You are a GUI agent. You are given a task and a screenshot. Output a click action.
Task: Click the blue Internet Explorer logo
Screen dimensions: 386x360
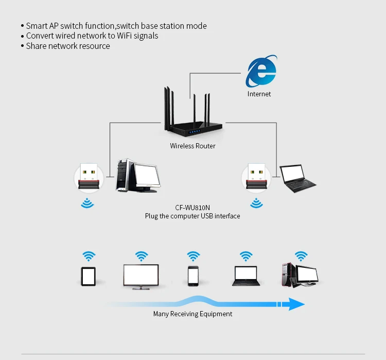tap(261, 71)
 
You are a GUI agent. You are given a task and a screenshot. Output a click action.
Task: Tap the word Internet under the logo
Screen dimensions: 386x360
tap(259, 94)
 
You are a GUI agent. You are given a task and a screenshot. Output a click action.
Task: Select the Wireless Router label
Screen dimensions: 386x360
tap(192, 146)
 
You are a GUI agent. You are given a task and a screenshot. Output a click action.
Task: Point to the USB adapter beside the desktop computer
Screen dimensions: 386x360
tap(89, 177)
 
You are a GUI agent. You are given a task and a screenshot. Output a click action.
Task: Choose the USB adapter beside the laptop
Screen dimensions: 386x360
tap(256, 177)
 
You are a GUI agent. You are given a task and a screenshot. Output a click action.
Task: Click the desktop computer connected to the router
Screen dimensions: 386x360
tap(138, 176)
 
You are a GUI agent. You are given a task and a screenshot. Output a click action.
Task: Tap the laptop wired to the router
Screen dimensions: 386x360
tap(297, 178)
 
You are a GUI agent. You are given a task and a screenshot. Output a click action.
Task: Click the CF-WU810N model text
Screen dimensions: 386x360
tap(192, 208)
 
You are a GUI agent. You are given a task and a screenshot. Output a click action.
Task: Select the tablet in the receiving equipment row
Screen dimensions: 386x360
tap(89, 277)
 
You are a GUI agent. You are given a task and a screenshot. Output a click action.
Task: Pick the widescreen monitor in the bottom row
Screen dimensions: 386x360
tap(141, 277)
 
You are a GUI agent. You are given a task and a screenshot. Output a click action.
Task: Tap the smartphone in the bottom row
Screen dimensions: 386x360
tap(193, 276)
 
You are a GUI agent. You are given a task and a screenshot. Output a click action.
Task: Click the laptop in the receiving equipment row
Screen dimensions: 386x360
tap(246, 276)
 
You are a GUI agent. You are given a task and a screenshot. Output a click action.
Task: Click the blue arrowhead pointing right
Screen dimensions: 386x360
tap(296, 304)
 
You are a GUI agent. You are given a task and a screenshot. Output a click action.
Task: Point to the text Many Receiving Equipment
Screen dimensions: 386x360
tap(192, 314)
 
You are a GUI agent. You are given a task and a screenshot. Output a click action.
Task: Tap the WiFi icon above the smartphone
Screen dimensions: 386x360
tap(193, 256)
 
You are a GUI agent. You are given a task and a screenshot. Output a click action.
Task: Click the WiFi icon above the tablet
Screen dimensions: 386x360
tap(89, 256)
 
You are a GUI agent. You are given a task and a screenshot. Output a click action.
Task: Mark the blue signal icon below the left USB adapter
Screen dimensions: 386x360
tap(87, 203)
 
